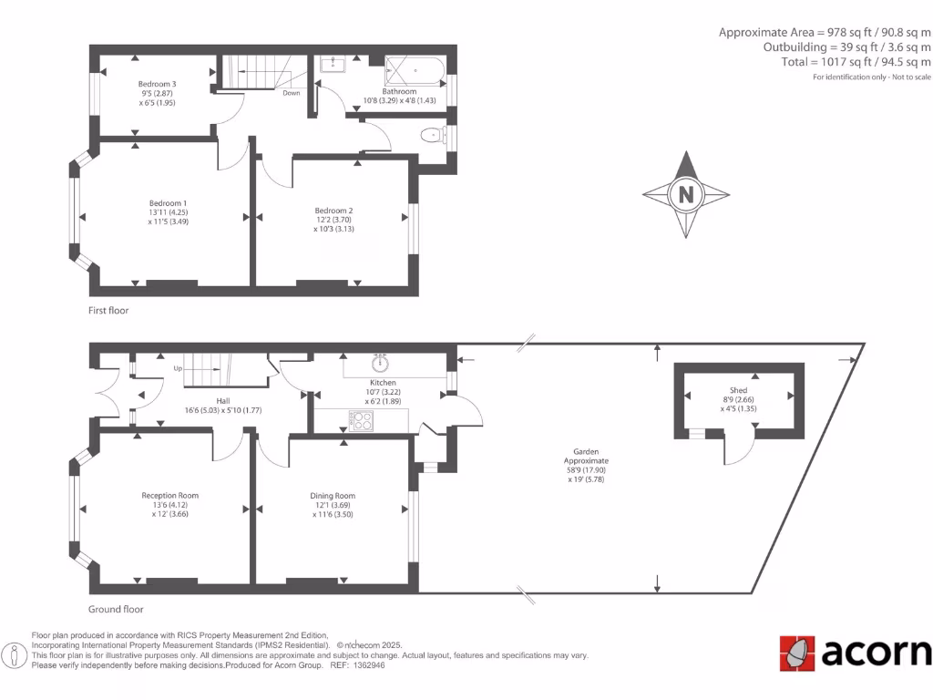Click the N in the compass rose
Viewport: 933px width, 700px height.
[x=686, y=194]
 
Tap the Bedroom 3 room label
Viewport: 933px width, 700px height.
[x=157, y=84]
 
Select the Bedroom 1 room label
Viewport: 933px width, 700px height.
[x=168, y=202]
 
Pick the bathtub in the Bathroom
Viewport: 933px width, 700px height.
[x=415, y=70]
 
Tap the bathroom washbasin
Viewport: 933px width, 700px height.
[x=333, y=63]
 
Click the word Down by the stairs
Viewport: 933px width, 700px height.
[x=291, y=93]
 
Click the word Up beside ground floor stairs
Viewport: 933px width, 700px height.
[x=179, y=369]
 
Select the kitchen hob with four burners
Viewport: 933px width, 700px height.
[x=361, y=421]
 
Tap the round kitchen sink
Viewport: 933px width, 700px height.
[x=381, y=364]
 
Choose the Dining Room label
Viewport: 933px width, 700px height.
[x=333, y=496]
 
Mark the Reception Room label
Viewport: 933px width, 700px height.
[x=169, y=496]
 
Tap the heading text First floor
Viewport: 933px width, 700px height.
[x=108, y=311]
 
